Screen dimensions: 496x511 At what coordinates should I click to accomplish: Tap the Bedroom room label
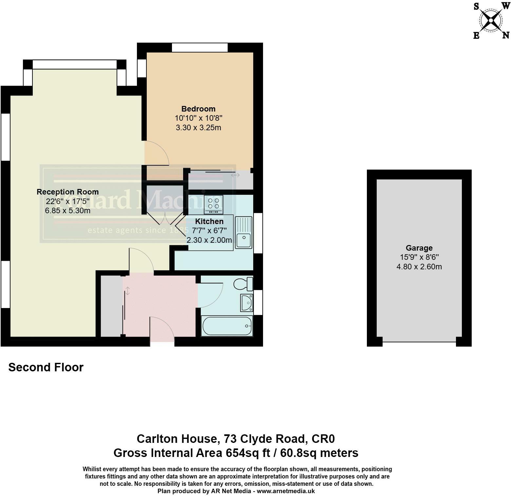pyautogui.click(x=199, y=109)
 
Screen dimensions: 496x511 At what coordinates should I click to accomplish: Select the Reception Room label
pyautogui.click(x=67, y=192)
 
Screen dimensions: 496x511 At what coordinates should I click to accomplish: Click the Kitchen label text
pyautogui.click(x=209, y=221)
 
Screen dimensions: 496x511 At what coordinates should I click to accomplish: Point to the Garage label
pyautogui.click(x=419, y=248)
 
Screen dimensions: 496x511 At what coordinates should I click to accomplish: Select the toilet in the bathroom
pyautogui.click(x=243, y=284)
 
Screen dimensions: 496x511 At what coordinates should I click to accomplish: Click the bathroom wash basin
pyautogui.click(x=246, y=302)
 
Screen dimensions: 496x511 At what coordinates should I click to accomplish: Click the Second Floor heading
pyautogui.click(x=46, y=367)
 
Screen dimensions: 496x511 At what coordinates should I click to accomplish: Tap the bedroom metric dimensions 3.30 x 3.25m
pyautogui.click(x=199, y=128)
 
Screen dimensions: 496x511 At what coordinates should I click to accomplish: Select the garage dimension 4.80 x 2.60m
pyautogui.click(x=419, y=267)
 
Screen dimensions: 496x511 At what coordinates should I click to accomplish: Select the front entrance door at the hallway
pyautogui.click(x=162, y=330)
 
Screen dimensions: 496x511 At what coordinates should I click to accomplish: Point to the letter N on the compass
pyautogui.click(x=506, y=35)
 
